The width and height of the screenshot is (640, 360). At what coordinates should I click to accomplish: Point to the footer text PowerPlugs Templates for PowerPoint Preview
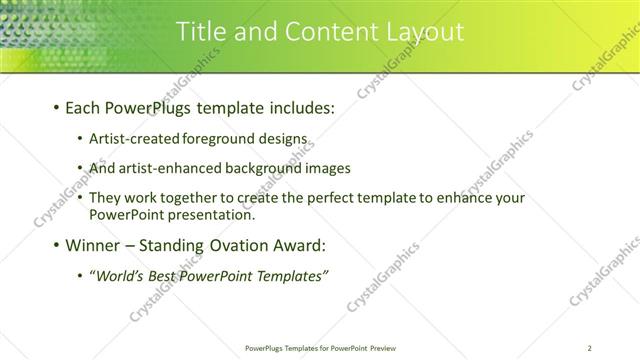coord(320,348)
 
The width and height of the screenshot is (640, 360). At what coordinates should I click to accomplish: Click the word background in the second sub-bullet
coord(250,168)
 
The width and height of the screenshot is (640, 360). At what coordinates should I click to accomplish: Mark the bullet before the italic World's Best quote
coord(80,275)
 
